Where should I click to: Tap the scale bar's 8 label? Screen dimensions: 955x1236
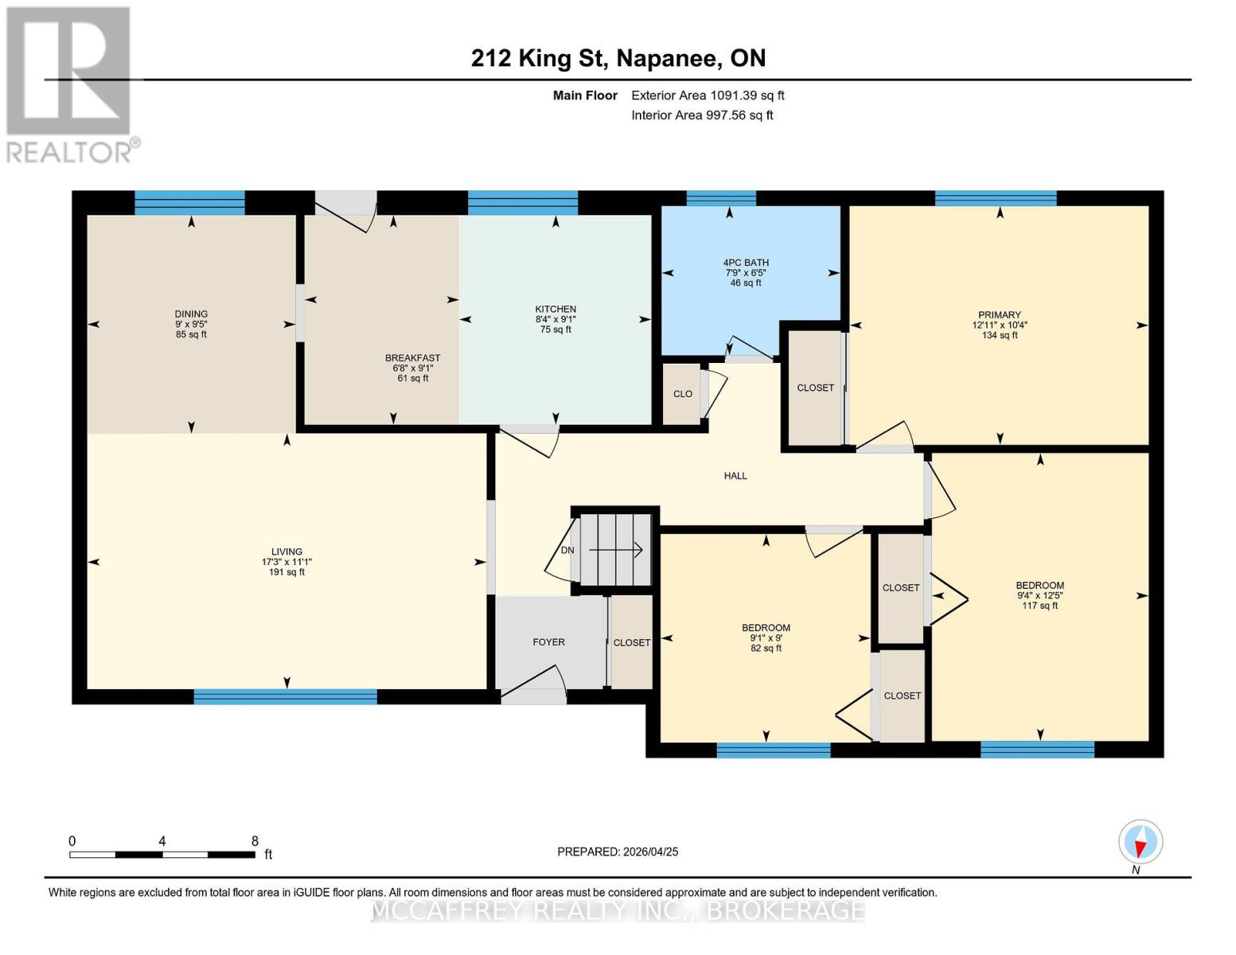tap(255, 840)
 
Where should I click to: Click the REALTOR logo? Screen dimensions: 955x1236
tap(70, 84)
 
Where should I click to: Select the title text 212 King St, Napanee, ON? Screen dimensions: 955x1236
tap(618, 58)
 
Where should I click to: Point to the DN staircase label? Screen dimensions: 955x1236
tap(567, 550)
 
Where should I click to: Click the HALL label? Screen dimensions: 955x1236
tap(735, 476)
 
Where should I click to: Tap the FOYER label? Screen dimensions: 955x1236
tap(548, 641)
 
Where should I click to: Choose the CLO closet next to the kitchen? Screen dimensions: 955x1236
tap(682, 394)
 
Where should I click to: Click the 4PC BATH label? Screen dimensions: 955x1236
tap(746, 263)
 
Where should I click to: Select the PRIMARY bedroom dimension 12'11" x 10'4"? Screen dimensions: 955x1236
tap(1000, 325)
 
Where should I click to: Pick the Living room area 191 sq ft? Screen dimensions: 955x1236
tap(287, 572)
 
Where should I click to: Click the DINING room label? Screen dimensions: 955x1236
tap(191, 314)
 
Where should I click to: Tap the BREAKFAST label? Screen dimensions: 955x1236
tap(412, 358)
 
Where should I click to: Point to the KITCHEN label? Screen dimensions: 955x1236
tap(556, 309)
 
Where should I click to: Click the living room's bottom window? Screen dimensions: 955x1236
tap(285, 697)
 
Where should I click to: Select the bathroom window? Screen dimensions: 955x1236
tap(721, 198)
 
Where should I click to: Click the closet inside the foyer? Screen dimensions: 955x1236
tap(632, 642)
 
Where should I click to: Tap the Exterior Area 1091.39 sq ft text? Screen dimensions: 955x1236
tap(708, 95)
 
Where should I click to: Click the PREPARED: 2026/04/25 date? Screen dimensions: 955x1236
tap(618, 852)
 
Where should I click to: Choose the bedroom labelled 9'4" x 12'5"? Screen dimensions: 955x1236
tap(1039, 595)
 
